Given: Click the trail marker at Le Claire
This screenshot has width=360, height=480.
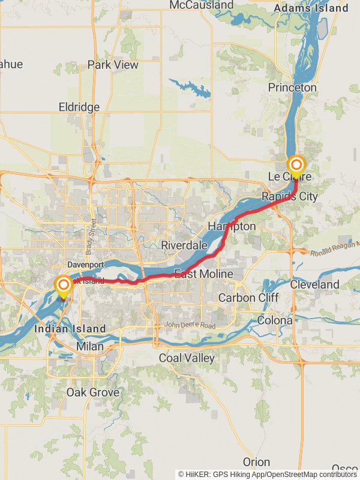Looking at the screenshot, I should tap(296, 164).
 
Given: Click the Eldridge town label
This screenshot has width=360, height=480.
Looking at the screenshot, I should tap(79, 107).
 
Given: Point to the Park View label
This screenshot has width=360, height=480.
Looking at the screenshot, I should tap(113, 65).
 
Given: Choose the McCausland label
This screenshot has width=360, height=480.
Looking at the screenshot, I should tap(201, 5).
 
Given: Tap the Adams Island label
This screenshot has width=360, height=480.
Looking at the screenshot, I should tap(310, 8).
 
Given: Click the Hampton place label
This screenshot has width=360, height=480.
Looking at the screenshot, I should tap(232, 226).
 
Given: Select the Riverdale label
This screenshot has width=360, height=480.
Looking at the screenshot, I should tap(184, 245).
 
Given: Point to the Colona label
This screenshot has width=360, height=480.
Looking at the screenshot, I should tap(275, 320).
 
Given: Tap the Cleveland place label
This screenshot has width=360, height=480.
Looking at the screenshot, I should tap(315, 284).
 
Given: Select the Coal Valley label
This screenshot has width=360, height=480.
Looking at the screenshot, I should tap(187, 358).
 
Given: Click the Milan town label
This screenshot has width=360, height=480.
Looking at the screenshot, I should tap(89, 347).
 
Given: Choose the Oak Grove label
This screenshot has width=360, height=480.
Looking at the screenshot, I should tap(92, 392).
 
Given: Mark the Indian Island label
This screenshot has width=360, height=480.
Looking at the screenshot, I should tap(70, 329).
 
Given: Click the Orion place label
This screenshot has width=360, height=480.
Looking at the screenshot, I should tap(256, 462).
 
